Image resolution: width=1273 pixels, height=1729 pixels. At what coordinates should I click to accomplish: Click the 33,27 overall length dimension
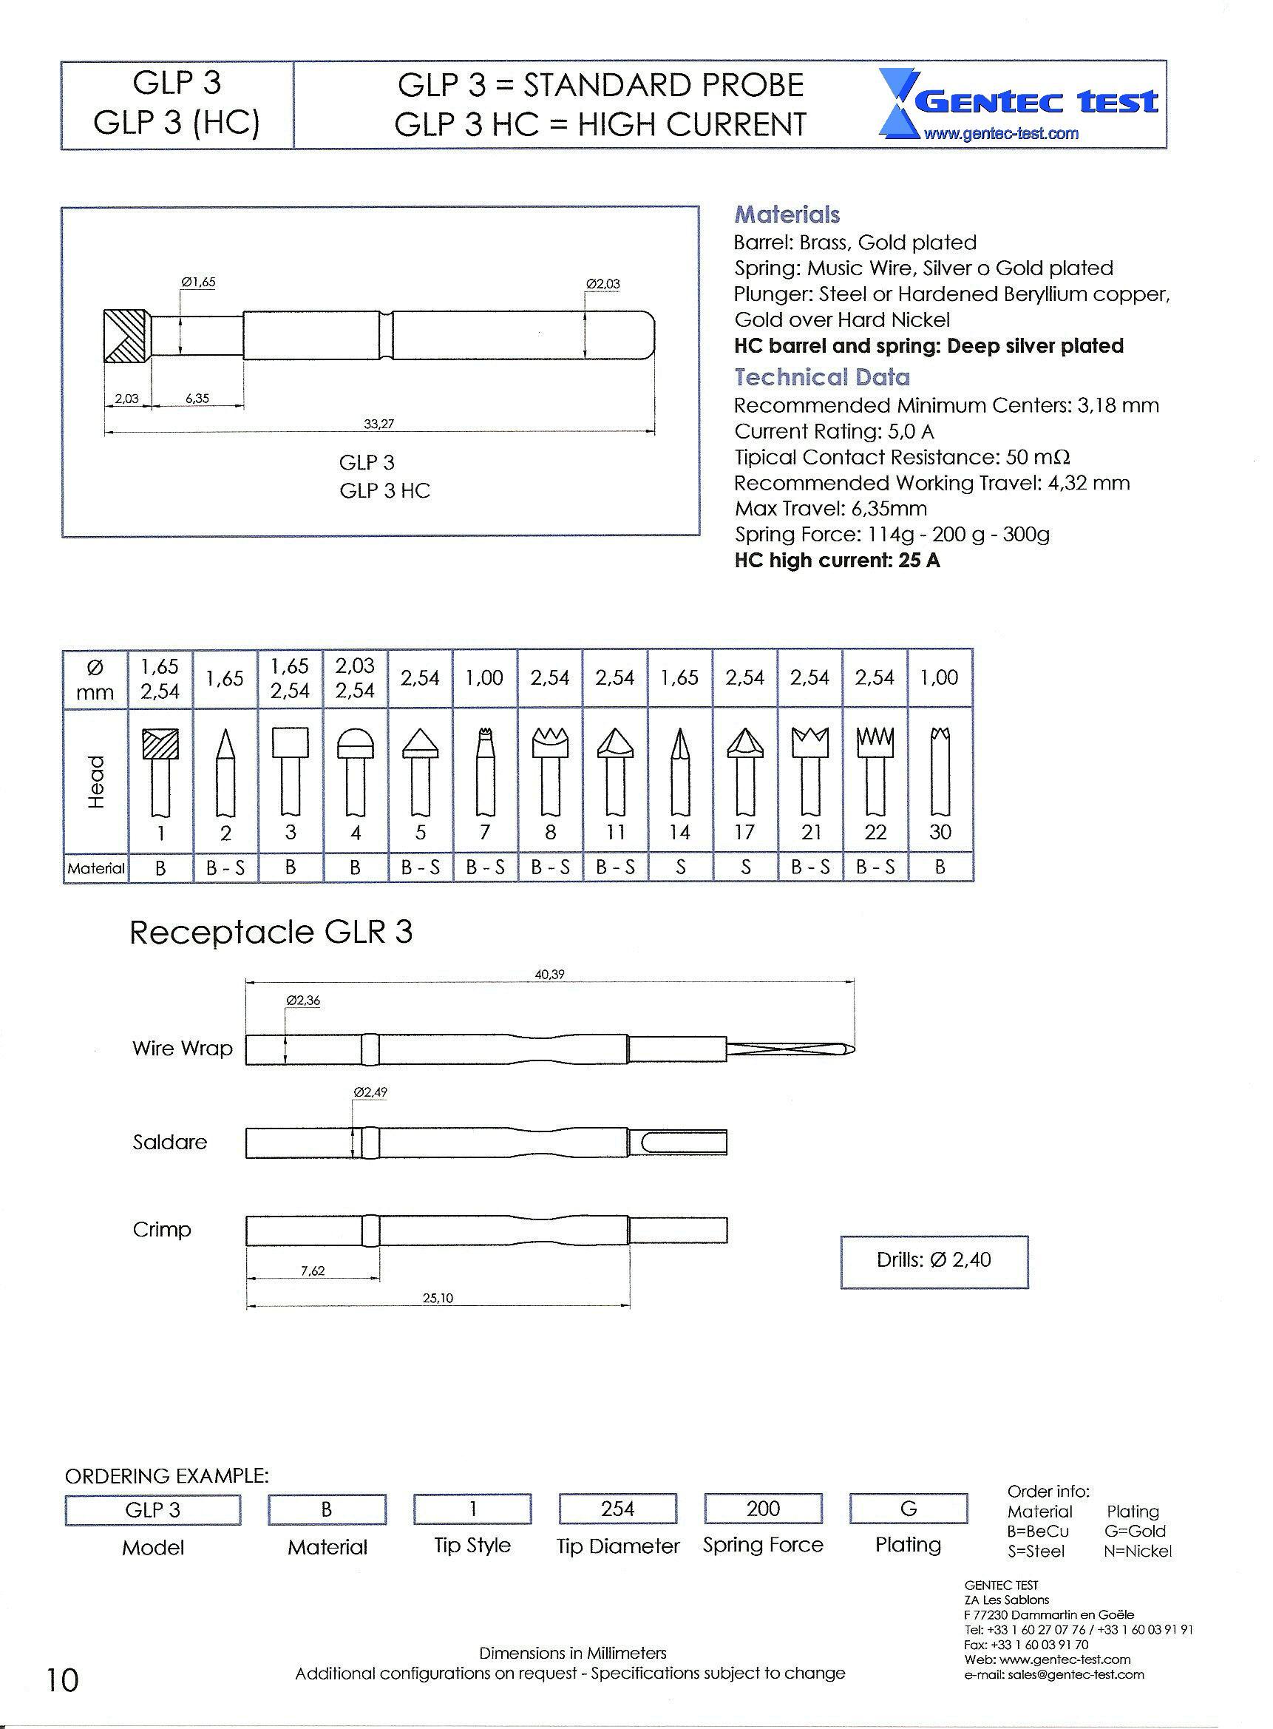[379, 423]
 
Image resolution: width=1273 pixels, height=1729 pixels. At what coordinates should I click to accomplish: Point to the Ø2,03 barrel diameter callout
[602, 284]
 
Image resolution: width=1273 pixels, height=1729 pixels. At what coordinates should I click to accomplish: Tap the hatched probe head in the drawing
[126, 335]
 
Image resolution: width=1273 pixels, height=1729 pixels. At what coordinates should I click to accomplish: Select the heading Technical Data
[821, 377]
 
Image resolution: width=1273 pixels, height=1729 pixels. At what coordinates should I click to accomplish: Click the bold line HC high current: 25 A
[837, 561]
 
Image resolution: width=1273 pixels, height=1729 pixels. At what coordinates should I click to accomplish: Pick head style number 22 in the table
[875, 833]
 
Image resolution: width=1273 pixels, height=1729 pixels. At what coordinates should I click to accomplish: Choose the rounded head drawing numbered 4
[356, 771]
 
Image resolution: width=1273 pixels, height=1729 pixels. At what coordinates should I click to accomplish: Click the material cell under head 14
[680, 867]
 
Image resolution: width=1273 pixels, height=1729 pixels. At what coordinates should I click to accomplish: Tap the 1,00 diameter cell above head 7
[486, 677]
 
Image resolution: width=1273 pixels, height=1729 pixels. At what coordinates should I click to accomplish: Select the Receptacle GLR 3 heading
[271, 932]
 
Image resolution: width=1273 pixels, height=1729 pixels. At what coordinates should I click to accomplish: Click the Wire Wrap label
[182, 1049]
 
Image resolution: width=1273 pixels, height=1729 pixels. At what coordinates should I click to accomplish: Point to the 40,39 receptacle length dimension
[549, 975]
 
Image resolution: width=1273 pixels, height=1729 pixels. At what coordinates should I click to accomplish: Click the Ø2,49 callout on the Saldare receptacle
[370, 1092]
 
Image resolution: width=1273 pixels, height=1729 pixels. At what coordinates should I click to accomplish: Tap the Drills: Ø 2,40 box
[934, 1259]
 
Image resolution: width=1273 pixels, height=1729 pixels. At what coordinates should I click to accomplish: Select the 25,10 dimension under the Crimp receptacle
[438, 1298]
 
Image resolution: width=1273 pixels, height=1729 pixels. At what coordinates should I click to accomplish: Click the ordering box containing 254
[617, 1509]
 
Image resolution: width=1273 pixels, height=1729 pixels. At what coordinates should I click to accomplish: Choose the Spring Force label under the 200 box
[763, 1545]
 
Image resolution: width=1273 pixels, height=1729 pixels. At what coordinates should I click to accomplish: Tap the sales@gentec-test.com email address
[1054, 1674]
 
